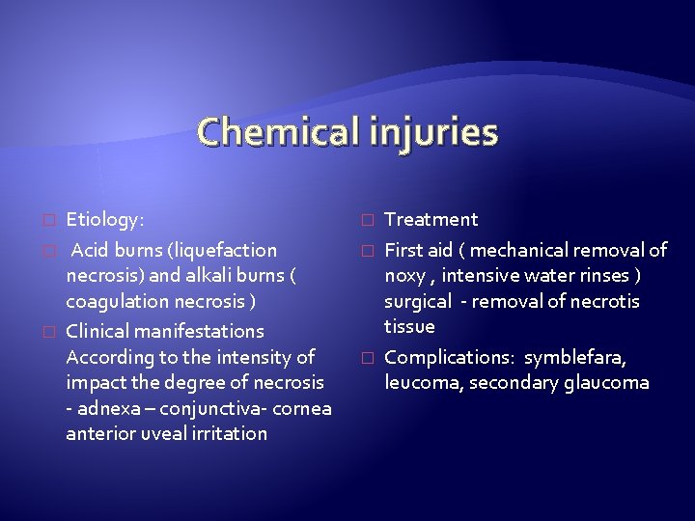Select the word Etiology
103,221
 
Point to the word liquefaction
227,251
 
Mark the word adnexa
104,408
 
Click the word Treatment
431,220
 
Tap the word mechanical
518,251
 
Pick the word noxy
404,277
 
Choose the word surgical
417,302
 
